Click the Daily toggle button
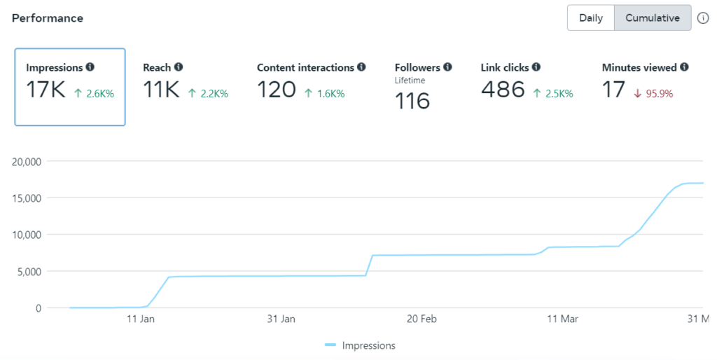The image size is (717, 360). [x=591, y=18]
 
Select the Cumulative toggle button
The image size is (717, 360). [x=653, y=18]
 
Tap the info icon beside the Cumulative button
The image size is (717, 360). [x=704, y=18]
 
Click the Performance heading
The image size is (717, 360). [x=48, y=18]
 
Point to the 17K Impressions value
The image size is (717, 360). [x=46, y=90]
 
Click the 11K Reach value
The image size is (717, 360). [x=161, y=90]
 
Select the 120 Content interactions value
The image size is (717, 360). [x=277, y=90]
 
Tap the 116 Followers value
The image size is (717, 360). [x=412, y=101]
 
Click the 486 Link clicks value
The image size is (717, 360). [x=503, y=90]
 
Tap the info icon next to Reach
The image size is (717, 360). [x=179, y=67]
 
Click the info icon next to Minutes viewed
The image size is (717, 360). [x=684, y=67]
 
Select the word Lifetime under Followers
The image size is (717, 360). [x=410, y=81]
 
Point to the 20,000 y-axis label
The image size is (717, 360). [x=27, y=162]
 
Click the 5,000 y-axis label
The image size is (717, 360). [x=30, y=272]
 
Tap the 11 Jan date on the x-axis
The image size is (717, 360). [x=141, y=319]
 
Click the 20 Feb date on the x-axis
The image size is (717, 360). [x=422, y=319]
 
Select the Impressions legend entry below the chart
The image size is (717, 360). [x=361, y=345]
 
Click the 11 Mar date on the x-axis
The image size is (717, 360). [x=562, y=319]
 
